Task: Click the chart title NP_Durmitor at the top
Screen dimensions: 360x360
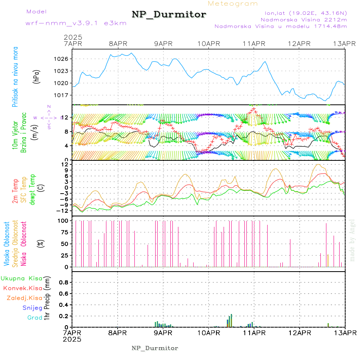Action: coord(169,15)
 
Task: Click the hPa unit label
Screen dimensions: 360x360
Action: coord(37,76)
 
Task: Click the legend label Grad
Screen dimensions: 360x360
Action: coord(35,318)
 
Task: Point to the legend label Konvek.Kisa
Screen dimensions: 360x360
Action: coord(22,288)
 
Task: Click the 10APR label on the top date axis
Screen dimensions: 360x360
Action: coord(208,43)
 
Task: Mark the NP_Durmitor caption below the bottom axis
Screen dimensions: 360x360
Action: coord(155,348)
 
